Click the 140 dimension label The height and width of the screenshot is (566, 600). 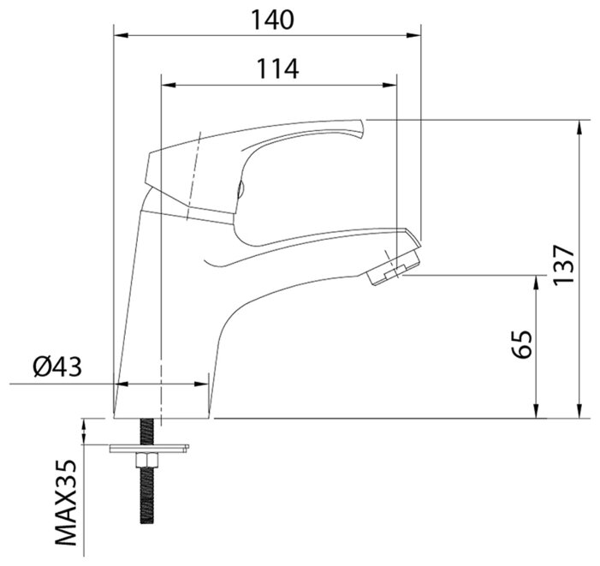[272, 20]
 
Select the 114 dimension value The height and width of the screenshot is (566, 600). [277, 69]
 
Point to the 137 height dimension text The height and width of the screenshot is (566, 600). [564, 265]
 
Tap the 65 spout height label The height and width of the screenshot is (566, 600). [522, 343]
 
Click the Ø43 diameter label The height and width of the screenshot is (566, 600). [57, 366]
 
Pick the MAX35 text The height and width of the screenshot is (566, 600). [66, 503]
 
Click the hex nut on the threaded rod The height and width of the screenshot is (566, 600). [147, 461]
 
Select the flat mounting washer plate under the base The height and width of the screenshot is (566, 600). [149, 449]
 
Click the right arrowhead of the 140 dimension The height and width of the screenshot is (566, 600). [413, 36]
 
